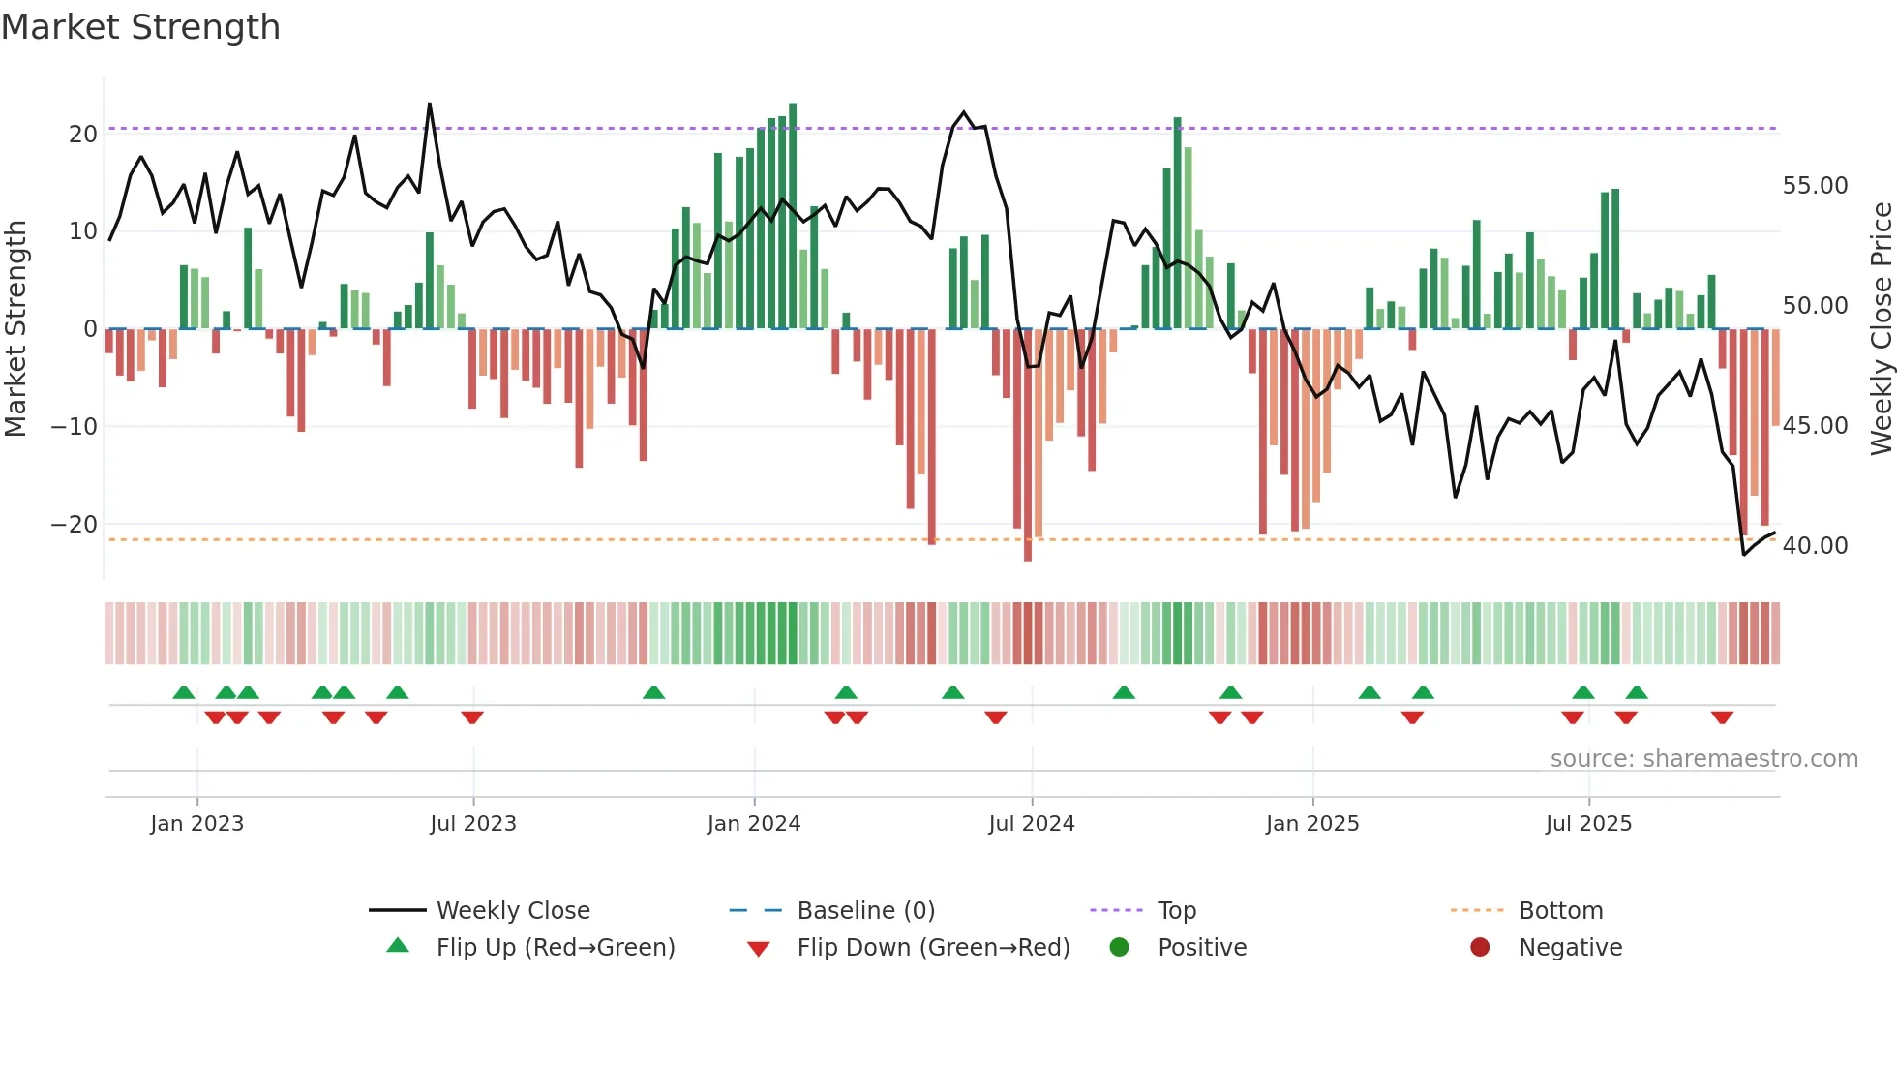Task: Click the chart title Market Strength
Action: point(140,27)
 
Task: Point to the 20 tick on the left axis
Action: point(83,134)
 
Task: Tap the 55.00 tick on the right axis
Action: point(1815,185)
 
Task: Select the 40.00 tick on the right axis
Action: point(1815,545)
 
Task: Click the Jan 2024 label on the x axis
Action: point(754,823)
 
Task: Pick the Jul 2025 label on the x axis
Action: point(1588,823)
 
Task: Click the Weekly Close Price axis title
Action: point(1881,329)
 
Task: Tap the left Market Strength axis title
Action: point(15,329)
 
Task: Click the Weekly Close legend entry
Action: point(512,910)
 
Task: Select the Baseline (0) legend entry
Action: point(865,910)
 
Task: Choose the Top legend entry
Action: point(1176,910)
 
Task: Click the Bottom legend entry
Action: point(1560,910)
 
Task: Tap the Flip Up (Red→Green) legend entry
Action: point(555,947)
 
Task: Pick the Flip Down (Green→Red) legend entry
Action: point(933,947)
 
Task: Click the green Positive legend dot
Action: point(1120,947)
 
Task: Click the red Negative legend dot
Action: point(1480,947)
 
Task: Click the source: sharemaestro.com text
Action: point(1703,758)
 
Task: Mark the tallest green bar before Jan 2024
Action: point(718,242)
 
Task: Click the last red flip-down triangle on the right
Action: point(1722,717)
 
